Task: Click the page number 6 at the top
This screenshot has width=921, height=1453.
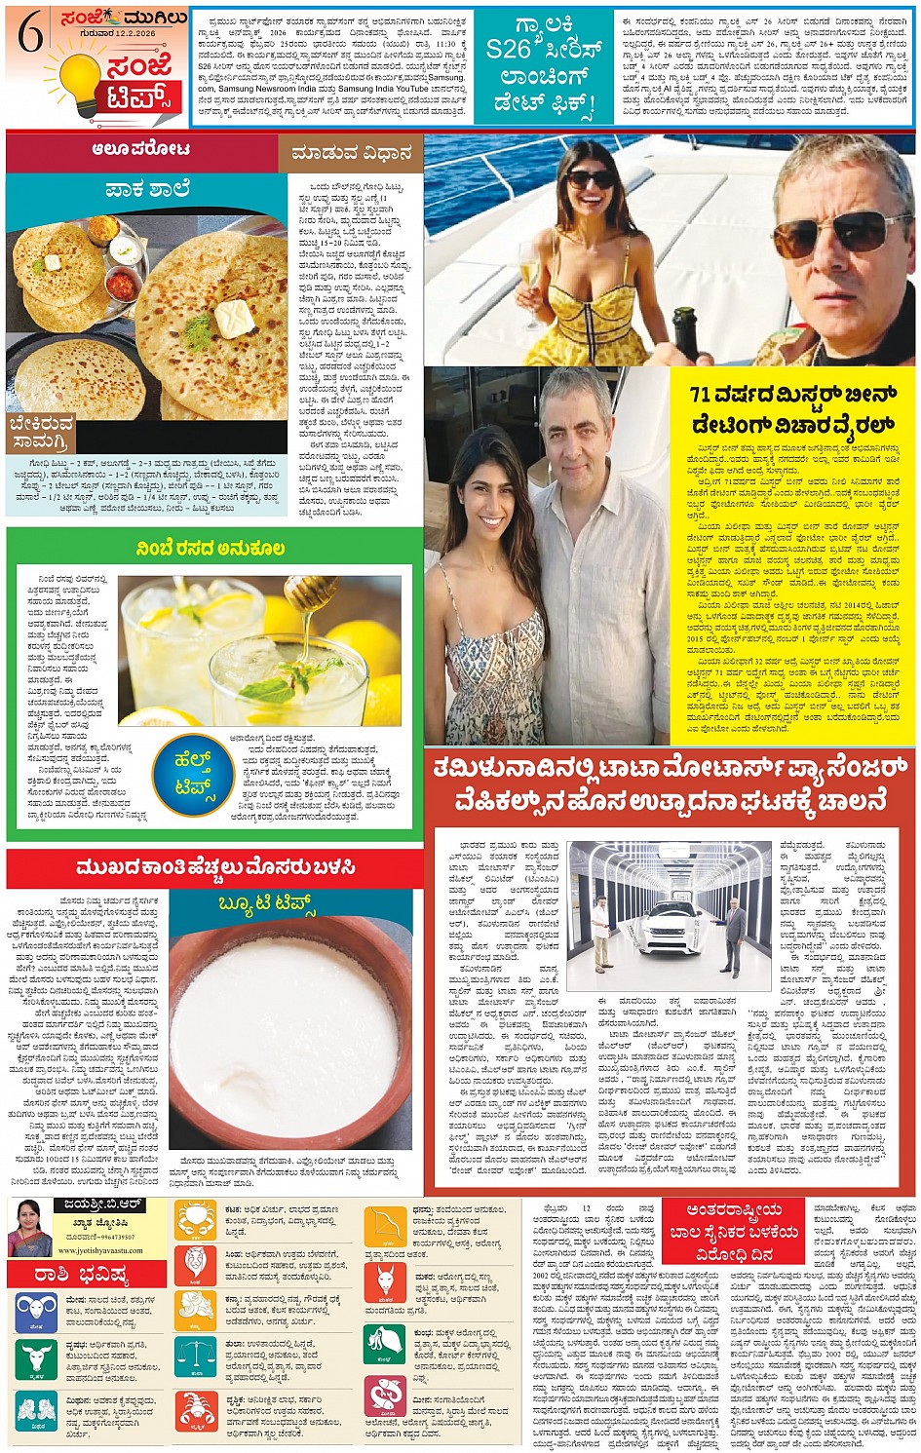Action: click(x=30, y=35)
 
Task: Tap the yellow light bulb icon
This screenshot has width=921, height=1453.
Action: click(x=81, y=84)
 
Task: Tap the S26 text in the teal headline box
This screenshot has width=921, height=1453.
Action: click(x=509, y=49)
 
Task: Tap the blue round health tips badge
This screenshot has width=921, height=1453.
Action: click(x=192, y=773)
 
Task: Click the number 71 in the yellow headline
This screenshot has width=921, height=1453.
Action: click(x=701, y=394)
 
